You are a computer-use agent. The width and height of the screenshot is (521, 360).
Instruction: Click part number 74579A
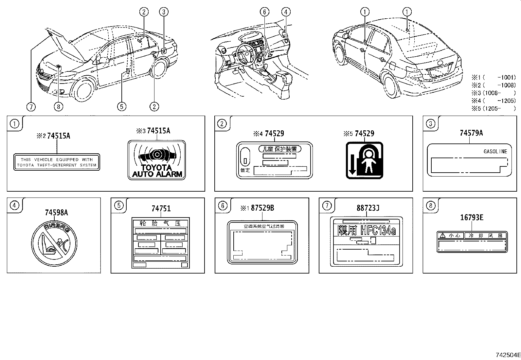pos(471,133)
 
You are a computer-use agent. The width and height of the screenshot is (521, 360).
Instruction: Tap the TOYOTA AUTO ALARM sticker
pos(156,160)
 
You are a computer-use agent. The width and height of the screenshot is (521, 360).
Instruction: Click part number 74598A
pos(56,212)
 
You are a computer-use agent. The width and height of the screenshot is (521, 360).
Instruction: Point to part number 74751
pos(161,208)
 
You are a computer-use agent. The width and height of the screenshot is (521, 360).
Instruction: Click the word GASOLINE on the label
pos(495,151)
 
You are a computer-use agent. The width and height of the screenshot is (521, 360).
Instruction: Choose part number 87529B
pos(262,208)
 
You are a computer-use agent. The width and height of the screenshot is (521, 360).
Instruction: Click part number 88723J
pos(368,208)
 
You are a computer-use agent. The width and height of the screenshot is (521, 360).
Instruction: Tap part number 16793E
pos(472,217)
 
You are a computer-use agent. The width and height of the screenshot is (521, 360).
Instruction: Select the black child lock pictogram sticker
pos(364,161)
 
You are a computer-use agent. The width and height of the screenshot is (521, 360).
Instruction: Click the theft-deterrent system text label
pos(57,162)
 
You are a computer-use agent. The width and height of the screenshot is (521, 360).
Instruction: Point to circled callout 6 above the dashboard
pos(264,12)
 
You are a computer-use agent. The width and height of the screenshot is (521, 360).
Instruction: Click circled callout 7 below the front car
pos(31,106)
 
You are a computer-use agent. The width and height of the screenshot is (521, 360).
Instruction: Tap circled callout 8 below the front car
pos(58,106)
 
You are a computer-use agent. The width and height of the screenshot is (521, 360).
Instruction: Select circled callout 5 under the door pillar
pos(121,106)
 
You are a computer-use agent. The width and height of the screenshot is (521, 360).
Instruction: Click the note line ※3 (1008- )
pos(494,93)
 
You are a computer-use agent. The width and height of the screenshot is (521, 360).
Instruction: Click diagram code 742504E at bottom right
pos(508,354)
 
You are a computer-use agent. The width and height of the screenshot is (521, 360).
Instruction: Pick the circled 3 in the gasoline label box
pos(430,124)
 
